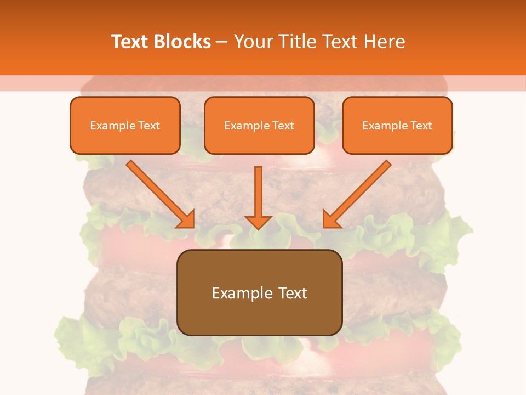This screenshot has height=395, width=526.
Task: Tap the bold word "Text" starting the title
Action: [130, 42]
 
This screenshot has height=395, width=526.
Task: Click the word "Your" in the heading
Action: [253, 42]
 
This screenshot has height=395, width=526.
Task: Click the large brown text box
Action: [259, 318]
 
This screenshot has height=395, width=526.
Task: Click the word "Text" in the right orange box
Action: [421, 126]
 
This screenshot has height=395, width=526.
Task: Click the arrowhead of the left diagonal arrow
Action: [187, 220]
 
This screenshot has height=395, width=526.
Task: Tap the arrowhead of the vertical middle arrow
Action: [258, 222]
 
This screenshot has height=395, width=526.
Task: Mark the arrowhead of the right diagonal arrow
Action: [331, 220]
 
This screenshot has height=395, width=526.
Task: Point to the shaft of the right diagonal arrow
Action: [367, 184]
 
